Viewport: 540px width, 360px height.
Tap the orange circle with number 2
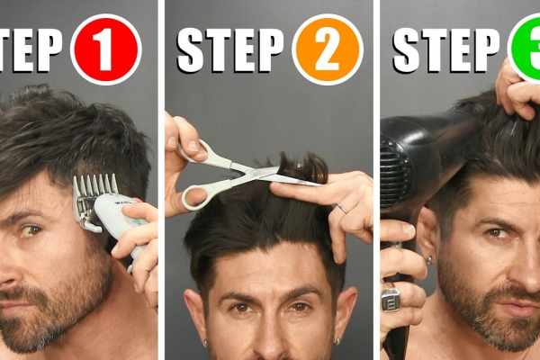tap(327, 49)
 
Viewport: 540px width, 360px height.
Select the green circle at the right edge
tap(527, 49)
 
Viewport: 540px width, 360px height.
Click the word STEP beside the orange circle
tap(229, 49)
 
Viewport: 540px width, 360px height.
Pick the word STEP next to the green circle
tap(445, 49)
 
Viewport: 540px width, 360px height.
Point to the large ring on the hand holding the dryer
tap(391, 299)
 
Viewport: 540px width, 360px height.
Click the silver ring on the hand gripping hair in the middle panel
tap(341, 210)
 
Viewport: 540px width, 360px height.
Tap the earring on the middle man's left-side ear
tap(204, 342)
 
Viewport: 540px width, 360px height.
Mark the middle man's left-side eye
tap(241, 307)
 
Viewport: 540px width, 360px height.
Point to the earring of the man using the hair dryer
tap(429, 260)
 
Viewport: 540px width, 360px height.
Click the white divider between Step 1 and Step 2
tap(161, 180)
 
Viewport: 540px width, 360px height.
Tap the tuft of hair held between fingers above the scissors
tap(298, 167)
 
